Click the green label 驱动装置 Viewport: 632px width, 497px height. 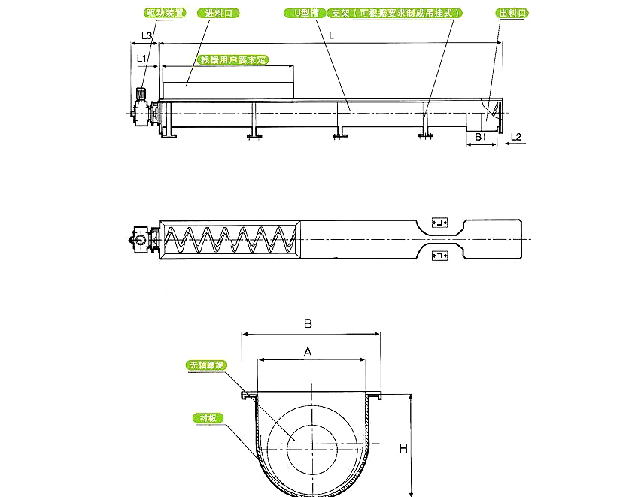(164, 13)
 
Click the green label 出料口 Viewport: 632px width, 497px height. (512, 13)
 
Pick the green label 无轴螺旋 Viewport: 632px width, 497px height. (207, 365)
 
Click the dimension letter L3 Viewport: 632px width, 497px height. (147, 35)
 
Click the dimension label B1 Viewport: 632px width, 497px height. (480, 137)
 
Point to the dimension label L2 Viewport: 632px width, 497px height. (516, 137)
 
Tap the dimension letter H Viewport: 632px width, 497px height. (403, 448)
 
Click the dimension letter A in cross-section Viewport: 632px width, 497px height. (308, 351)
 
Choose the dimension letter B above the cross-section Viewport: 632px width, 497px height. (308, 324)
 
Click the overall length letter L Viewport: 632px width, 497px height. (332, 35)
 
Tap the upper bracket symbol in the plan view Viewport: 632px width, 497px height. (439, 223)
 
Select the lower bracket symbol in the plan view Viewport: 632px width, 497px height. (439, 256)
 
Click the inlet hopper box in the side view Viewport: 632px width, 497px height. (228, 90)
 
